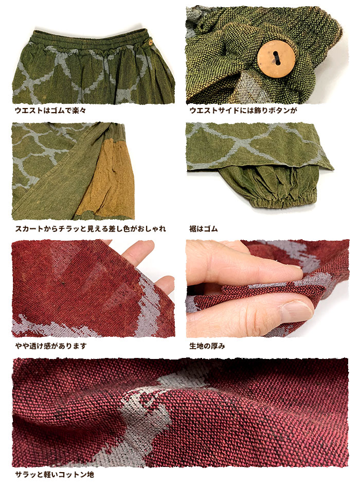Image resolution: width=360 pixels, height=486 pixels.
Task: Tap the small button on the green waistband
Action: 150,42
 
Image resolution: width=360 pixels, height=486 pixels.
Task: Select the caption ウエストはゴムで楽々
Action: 50,111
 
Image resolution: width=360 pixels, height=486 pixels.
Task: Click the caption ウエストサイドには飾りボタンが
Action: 243,111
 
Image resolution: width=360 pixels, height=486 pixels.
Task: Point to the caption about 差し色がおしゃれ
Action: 90,229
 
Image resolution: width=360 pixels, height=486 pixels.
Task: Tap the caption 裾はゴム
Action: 204,229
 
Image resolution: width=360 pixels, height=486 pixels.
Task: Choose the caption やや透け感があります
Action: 51,346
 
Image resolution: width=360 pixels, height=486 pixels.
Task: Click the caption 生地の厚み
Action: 207,346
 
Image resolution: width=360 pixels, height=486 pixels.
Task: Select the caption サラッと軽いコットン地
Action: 55,474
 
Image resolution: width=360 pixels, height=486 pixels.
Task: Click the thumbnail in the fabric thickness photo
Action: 296,311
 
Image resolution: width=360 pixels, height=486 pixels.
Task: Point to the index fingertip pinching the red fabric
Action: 295,272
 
